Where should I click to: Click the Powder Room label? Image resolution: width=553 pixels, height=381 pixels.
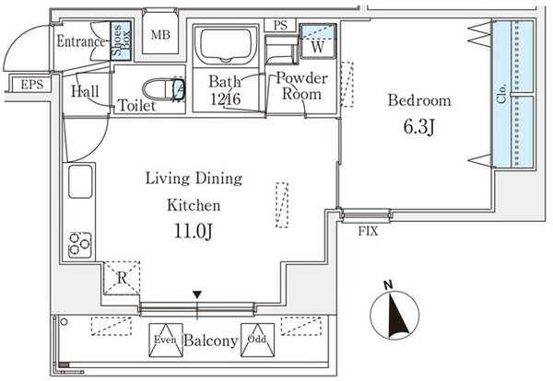tap(300, 87)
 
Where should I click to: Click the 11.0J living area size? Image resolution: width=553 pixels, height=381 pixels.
tap(192, 229)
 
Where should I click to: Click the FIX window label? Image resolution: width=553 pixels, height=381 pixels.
tap(368, 231)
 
